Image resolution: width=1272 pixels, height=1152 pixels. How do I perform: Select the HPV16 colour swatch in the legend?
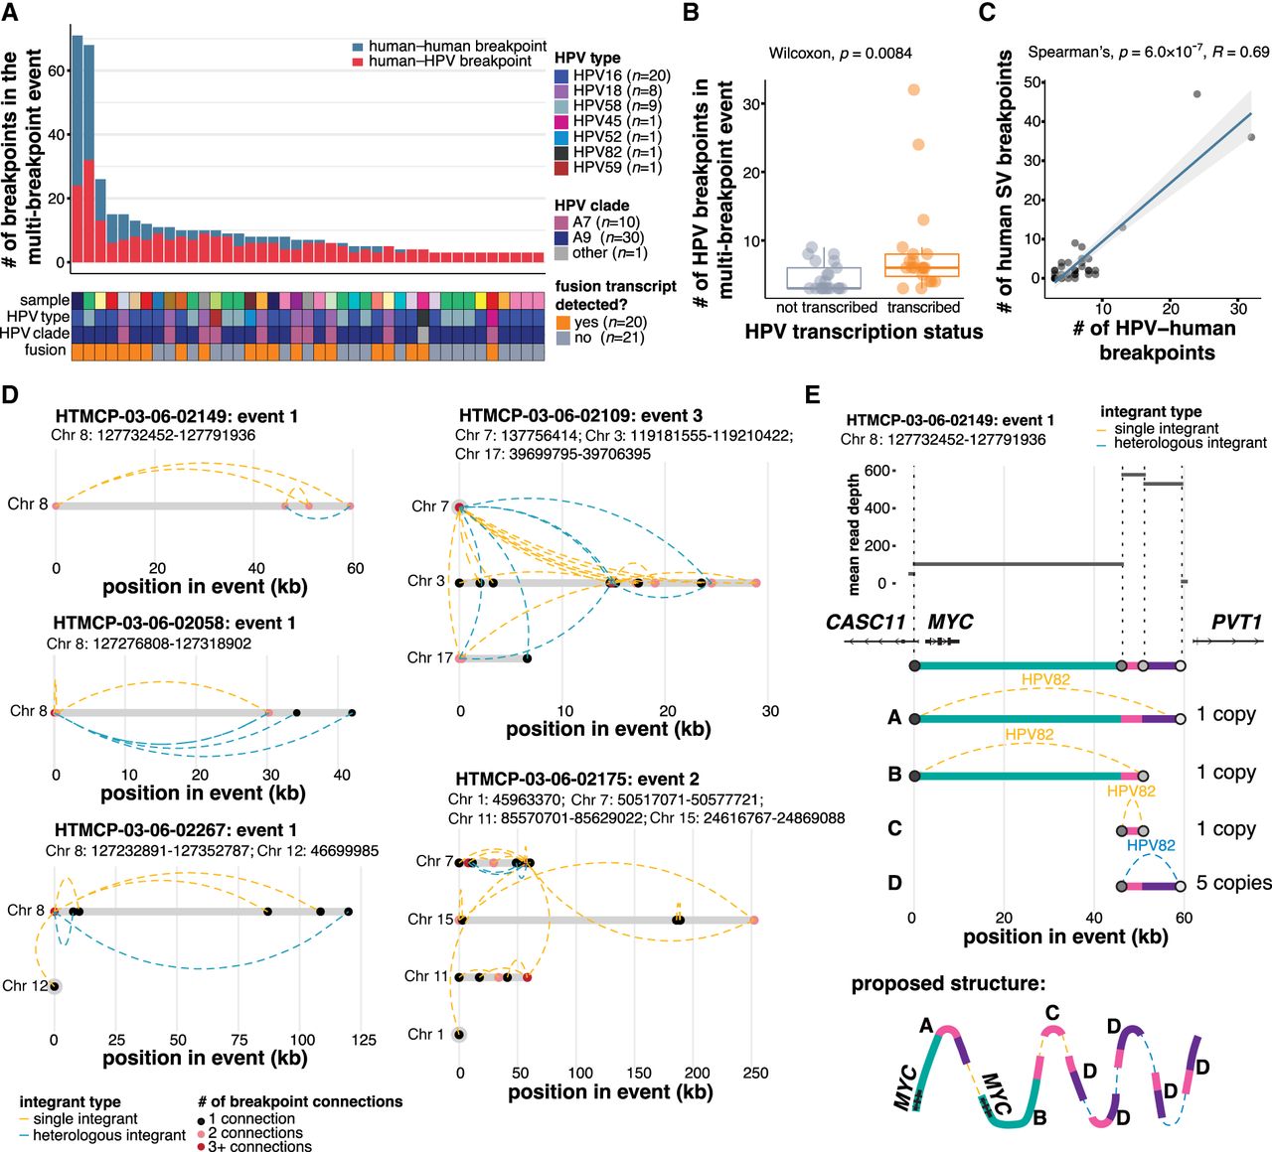click(561, 75)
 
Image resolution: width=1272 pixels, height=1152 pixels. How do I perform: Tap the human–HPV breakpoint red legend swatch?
click(359, 62)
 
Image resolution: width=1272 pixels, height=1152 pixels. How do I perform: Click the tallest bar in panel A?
click(77, 149)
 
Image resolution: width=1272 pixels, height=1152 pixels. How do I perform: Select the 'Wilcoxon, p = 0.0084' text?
click(840, 53)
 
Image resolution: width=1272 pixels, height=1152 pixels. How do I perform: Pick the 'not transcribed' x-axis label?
click(826, 308)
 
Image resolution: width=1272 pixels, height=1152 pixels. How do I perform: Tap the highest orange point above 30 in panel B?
click(913, 90)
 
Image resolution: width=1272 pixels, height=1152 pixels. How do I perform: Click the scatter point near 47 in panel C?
click(1196, 94)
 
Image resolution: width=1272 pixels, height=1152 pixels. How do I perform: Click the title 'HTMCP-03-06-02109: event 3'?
click(580, 415)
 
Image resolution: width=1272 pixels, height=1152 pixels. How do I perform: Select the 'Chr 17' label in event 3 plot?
click(429, 657)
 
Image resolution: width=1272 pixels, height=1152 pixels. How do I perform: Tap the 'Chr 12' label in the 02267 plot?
click(25, 986)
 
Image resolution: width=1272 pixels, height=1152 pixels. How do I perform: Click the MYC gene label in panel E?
click(950, 623)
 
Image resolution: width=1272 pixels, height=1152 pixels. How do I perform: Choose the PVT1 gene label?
click(1235, 623)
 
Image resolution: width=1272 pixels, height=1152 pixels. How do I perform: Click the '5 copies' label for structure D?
click(1233, 883)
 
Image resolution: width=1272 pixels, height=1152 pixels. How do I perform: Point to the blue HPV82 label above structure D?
click(1151, 845)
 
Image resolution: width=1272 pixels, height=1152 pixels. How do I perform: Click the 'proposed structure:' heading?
click(948, 984)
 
